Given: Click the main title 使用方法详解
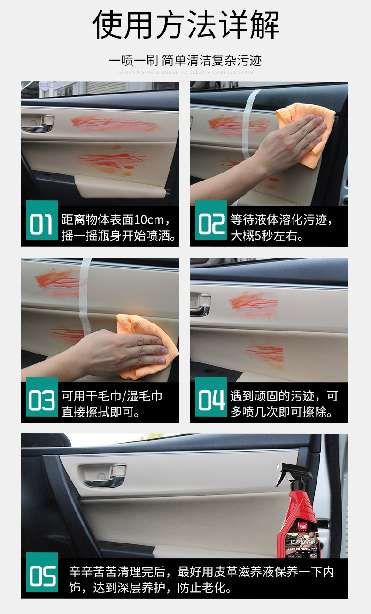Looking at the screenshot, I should click(185, 24).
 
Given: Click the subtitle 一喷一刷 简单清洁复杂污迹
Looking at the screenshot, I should click(185, 61).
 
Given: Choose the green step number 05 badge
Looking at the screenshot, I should click(42, 576).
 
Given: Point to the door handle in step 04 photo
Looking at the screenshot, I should click(201, 305).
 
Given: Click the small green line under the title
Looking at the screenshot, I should click(185, 47).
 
